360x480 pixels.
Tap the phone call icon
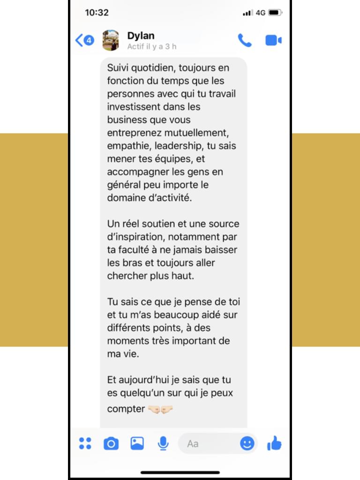244,41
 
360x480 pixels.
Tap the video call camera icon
273,41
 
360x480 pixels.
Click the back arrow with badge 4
85,40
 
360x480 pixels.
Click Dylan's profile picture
111,40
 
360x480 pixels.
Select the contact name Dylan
141,36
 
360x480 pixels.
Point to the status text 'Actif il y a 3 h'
152,47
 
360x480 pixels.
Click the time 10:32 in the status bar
97,13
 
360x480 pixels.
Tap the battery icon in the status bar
275,13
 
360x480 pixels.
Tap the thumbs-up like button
274,443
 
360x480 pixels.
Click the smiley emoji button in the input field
247,443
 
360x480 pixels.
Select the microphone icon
163,443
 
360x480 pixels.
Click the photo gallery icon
137,443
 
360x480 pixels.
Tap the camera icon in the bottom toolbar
111,443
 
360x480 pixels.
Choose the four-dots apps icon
85,443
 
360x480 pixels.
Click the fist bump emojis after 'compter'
161,409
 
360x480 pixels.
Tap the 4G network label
261,13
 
